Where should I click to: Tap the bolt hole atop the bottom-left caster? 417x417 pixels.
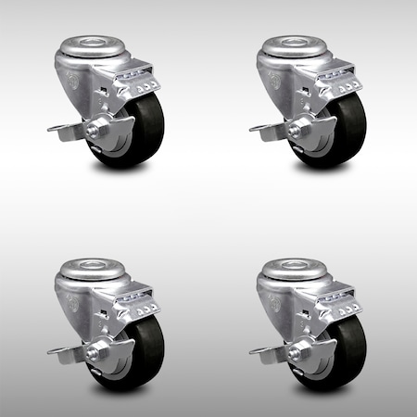87,251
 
